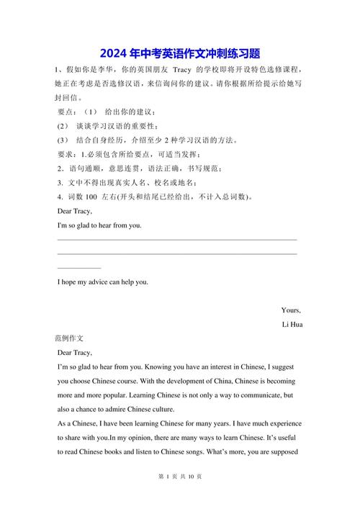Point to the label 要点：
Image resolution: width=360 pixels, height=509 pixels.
coord(68,112)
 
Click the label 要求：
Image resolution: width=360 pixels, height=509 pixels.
coord(68,155)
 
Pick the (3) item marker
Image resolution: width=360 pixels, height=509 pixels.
coord(63,140)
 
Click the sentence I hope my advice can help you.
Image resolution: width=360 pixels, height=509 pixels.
coord(103,281)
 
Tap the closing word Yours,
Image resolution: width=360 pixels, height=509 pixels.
coord(291,310)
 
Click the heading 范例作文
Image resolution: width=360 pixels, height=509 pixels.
coord(70,338)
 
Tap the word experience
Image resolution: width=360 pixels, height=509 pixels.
coord(279,424)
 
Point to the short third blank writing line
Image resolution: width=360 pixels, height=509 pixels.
coord(79,268)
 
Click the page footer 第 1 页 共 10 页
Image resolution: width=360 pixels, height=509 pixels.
coord(179,497)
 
